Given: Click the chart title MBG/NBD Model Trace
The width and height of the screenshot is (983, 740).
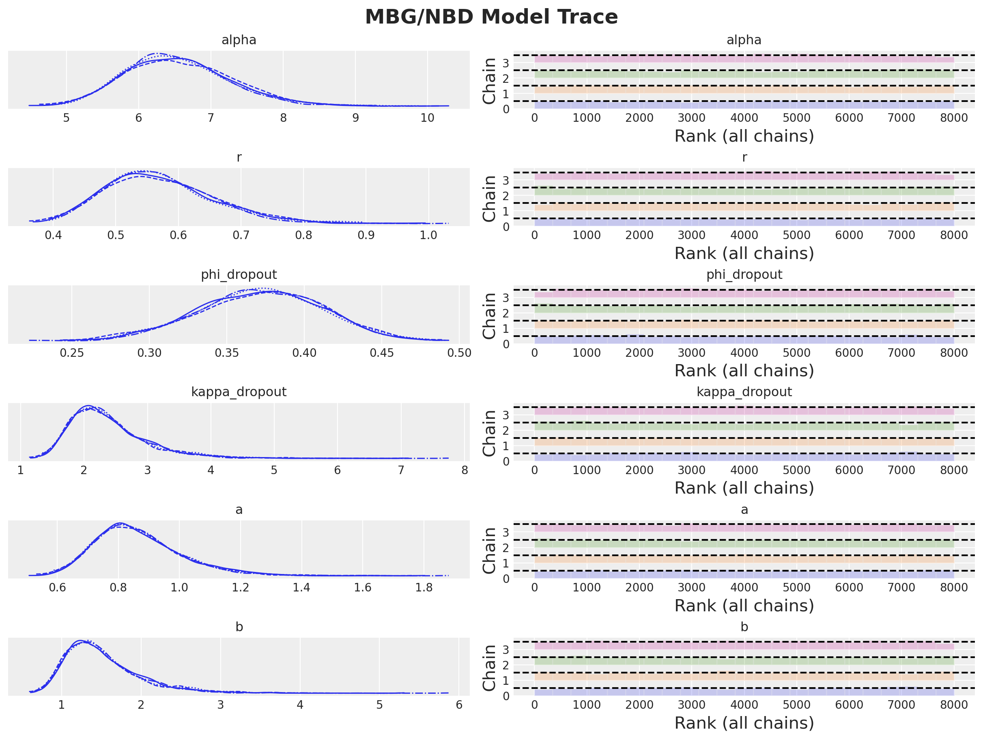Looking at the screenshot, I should [x=491, y=17].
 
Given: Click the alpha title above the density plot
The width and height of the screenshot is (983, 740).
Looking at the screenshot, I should [x=239, y=40].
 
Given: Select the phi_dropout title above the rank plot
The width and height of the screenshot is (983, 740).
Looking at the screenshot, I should [x=744, y=274].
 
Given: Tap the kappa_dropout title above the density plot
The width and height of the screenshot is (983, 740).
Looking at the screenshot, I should [x=239, y=392].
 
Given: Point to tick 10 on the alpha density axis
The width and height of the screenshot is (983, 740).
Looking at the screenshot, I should [x=427, y=118].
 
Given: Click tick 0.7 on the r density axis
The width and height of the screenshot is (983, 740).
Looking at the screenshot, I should [x=241, y=235].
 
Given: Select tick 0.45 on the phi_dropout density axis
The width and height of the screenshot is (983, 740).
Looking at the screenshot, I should [x=382, y=353].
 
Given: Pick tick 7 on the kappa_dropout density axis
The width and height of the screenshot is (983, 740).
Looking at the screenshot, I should [x=401, y=470].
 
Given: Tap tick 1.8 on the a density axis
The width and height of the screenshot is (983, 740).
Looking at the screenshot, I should [x=424, y=587].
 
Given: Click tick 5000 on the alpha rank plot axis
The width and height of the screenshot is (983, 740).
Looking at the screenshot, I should [x=796, y=118].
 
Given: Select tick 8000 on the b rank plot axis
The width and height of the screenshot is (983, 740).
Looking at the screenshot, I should [x=954, y=705].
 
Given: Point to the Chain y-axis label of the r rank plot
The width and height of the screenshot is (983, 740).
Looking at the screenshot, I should [x=489, y=198].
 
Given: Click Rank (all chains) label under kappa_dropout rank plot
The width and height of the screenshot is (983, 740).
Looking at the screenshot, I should [x=744, y=488].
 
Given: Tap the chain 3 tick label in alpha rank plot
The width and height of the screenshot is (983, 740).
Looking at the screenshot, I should [x=506, y=63].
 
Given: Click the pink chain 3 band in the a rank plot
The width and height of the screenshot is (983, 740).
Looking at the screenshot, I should [x=744, y=529].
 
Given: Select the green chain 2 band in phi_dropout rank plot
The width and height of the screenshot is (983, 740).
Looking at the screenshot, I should [x=744, y=309].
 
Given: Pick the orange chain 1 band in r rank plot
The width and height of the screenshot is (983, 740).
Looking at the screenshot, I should [x=744, y=207].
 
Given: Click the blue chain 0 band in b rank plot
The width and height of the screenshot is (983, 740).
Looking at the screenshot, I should [x=744, y=692].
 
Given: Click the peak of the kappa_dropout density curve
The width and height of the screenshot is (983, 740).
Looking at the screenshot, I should [x=89, y=406].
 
